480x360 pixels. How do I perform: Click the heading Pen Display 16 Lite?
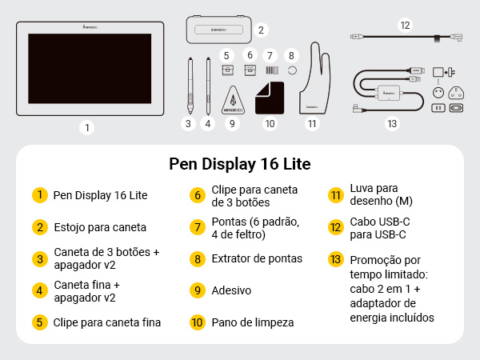coord(240,164)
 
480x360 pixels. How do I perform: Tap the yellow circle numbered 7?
coord(197,226)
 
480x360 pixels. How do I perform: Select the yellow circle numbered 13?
coord(335,259)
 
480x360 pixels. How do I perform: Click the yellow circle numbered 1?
coord(38,194)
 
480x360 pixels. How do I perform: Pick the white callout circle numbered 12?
coord(405,25)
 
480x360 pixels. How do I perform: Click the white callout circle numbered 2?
coord(261,30)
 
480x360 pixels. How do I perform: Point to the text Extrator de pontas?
coord(258,258)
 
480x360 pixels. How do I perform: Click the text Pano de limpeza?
coord(254,322)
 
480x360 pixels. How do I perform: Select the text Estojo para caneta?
coord(100,226)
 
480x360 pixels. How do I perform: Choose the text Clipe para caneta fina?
coord(107,322)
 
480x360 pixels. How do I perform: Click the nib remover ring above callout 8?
coord(292,70)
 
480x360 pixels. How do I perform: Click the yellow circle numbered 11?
coord(335,194)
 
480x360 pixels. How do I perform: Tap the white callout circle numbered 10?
coord(270,123)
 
